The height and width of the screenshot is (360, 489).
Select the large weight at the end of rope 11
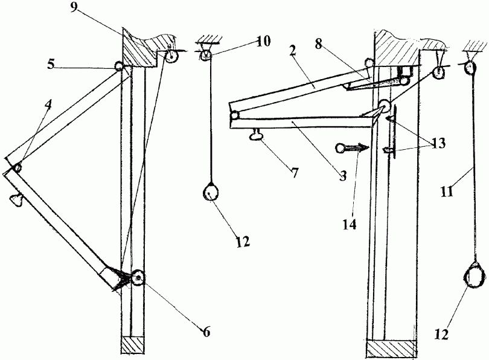[473, 277]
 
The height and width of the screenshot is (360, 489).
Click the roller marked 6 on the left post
[139, 278]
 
